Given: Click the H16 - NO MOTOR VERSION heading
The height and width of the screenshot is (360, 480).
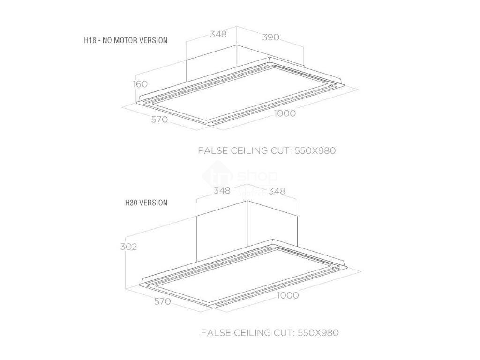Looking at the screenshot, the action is [125, 40].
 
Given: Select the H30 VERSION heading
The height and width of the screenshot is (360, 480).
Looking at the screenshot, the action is [146, 203].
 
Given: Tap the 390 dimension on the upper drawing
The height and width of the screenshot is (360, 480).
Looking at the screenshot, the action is [270, 37].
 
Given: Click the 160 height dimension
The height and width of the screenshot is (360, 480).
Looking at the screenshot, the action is [140, 84].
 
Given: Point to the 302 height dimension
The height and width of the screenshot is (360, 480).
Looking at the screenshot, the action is [128, 247].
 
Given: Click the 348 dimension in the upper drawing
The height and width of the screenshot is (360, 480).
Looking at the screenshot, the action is [218, 34].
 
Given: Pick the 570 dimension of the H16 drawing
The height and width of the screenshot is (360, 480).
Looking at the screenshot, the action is [159, 120].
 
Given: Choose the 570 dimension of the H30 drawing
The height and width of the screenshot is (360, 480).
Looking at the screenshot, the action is [162, 301].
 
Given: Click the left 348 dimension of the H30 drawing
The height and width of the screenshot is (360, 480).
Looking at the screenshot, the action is [222, 190].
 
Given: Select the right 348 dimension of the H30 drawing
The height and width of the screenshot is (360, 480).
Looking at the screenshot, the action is [277, 191].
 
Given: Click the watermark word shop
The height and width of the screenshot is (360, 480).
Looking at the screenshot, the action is [258, 177].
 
